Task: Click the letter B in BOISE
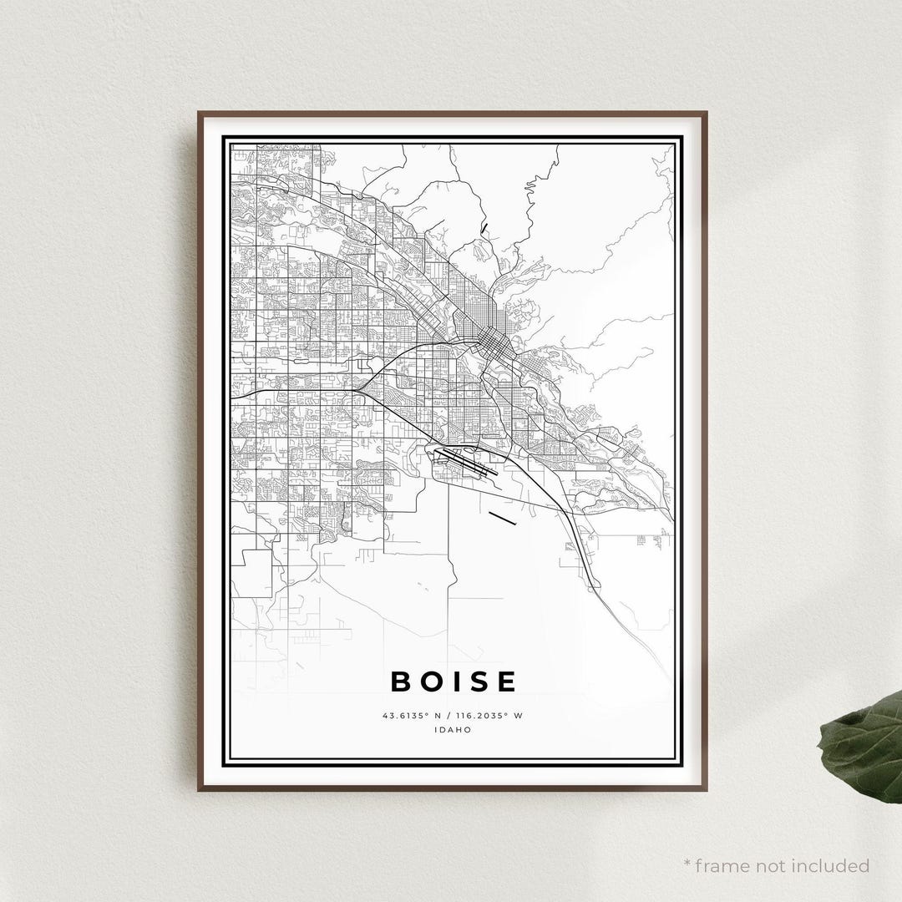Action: click(x=403, y=682)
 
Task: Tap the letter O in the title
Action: click(x=434, y=682)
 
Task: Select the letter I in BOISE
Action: click(x=458, y=682)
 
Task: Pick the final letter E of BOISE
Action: click(x=507, y=682)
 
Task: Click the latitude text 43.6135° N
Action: click(x=410, y=716)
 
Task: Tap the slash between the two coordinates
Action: click(x=445, y=716)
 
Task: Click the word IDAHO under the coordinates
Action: click(x=453, y=729)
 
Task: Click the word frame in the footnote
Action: click(x=722, y=865)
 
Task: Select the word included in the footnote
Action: click(x=830, y=865)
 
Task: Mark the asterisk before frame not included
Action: click(x=687, y=863)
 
